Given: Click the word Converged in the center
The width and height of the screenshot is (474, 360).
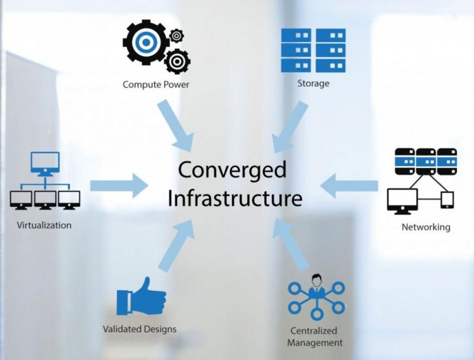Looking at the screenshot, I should coord(232,170).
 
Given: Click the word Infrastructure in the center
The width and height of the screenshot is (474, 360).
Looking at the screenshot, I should coord(235,198).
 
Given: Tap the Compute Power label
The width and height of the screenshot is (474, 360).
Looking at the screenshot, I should coord(156,84).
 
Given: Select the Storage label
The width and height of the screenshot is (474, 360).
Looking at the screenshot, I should coord(313,84).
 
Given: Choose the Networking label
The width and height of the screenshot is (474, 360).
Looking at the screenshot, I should coord(425,227).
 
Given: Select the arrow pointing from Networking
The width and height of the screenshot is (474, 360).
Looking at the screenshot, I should coord(349,186).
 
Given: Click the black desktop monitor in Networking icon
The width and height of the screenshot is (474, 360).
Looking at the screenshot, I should coord(403,200).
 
